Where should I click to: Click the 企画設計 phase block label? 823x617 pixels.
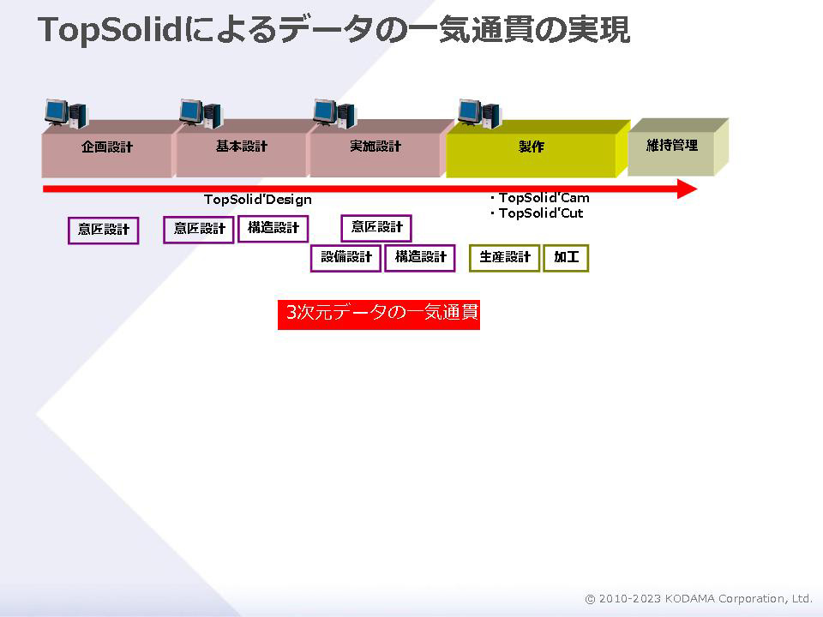(x=107, y=147)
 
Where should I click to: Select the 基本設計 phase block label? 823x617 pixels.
(x=242, y=147)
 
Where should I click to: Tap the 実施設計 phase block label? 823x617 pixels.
(x=375, y=147)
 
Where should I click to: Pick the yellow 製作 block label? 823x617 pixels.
(x=532, y=147)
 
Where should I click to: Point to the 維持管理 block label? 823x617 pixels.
(x=672, y=146)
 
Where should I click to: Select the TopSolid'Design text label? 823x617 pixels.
(x=258, y=200)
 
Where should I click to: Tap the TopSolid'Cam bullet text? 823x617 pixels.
(x=544, y=198)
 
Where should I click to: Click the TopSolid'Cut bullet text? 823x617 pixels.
(x=541, y=213)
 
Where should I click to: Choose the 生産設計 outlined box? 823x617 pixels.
(x=504, y=258)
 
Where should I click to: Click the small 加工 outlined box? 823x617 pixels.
(x=566, y=258)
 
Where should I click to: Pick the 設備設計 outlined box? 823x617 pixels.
(x=345, y=258)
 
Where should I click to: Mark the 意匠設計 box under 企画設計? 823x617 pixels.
(x=104, y=231)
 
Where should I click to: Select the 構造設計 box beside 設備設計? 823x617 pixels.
(x=420, y=258)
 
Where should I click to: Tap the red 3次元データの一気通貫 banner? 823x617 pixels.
(x=378, y=314)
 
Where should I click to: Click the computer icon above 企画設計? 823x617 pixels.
(x=66, y=113)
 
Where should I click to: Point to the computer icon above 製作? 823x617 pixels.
(x=479, y=113)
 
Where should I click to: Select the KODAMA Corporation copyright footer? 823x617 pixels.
(x=699, y=599)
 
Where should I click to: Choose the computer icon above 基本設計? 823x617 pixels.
(x=201, y=113)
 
